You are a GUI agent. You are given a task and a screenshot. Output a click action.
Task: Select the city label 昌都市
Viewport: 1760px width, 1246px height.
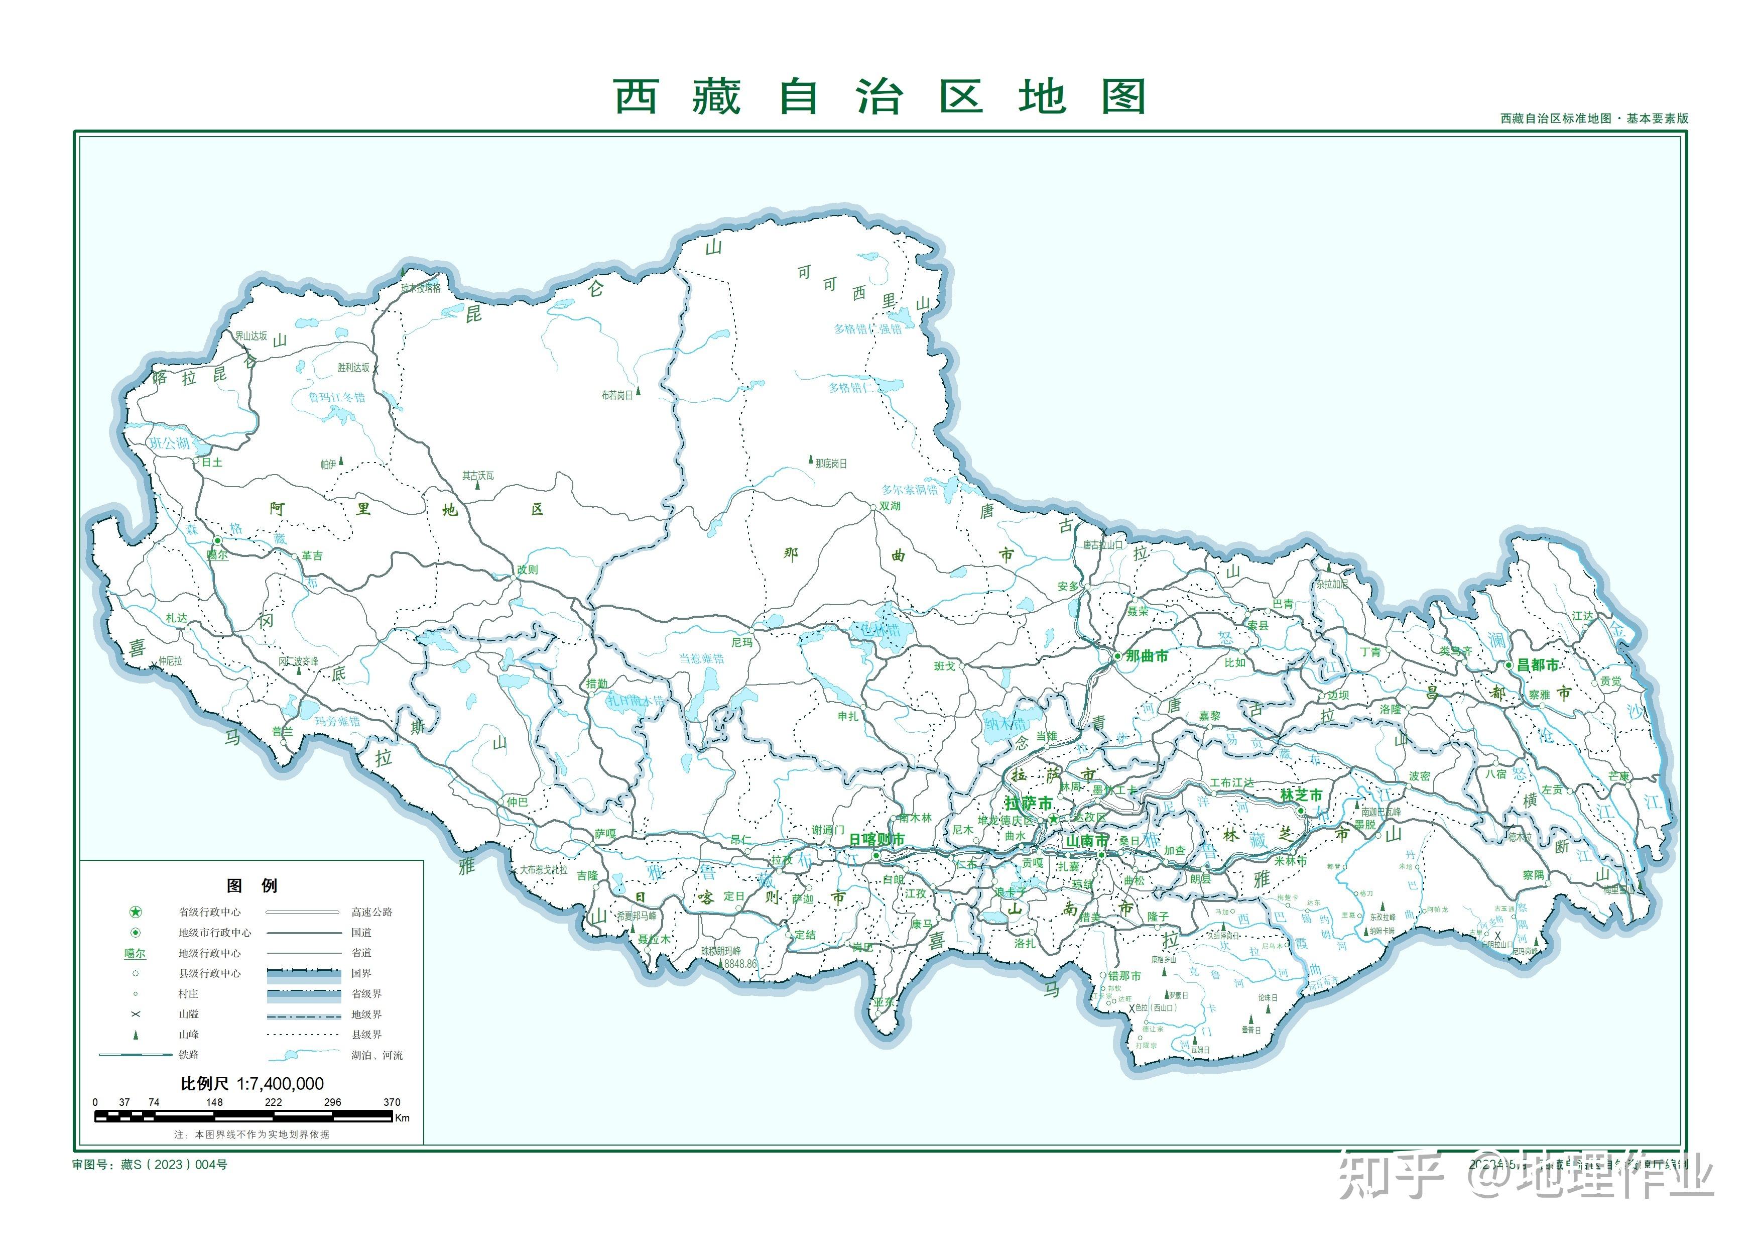pos(1538,665)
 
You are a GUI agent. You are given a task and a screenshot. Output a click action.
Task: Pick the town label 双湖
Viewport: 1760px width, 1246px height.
pos(890,506)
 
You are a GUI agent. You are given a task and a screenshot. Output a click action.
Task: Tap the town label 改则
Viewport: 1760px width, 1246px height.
pos(528,570)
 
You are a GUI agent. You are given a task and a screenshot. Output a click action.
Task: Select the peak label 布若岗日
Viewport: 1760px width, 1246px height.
pos(617,395)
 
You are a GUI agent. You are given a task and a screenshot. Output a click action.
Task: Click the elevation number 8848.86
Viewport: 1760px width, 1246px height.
pos(740,964)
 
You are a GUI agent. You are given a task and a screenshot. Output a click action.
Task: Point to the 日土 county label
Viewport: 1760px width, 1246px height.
pos(212,462)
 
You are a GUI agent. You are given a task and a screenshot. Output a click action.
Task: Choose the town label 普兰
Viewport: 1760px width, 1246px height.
pos(282,732)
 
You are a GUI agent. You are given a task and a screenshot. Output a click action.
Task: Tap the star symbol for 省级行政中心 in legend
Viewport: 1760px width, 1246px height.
pos(136,912)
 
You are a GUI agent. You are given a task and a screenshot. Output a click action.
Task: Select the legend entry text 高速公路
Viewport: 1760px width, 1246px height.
pos(372,912)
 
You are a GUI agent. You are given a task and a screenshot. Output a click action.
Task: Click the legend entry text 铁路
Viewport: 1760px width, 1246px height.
pos(189,1055)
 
